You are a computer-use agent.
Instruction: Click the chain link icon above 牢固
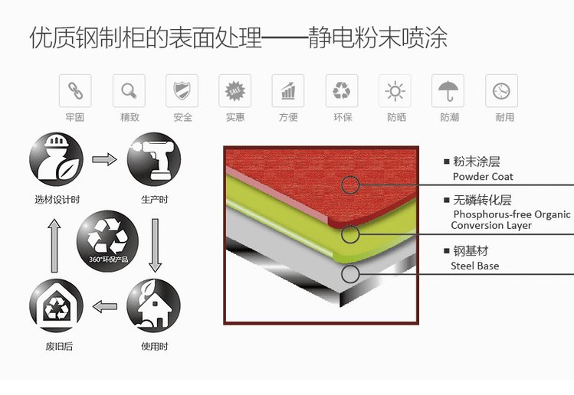(x=75, y=90)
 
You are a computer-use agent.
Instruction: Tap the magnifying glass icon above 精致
(x=129, y=90)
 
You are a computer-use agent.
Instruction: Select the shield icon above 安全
(x=182, y=90)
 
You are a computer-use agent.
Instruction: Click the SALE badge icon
(x=235, y=90)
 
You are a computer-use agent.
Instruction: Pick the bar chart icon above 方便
(x=288, y=90)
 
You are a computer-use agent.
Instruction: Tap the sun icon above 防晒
(x=395, y=90)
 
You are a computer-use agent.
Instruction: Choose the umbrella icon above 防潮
(x=448, y=90)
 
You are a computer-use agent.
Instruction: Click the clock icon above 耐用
(x=501, y=91)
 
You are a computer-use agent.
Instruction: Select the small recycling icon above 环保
(x=342, y=90)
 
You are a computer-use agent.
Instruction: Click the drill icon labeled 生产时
(x=154, y=159)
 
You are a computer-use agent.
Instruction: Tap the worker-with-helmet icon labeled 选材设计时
(x=57, y=159)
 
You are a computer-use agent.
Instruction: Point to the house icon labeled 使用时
(x=154, y=305)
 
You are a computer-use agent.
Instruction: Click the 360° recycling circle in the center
(x=107, y=241)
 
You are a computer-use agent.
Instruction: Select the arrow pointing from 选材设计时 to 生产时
(x=105, y=159)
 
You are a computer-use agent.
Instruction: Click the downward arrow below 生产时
(x=156, y=246)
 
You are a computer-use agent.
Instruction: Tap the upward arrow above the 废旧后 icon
(x=54, y=246)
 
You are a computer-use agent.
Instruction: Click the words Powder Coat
(x=483, y=177)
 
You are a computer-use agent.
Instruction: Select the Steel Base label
(x=475, y=266)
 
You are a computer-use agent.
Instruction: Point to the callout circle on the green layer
(x=350, y=234)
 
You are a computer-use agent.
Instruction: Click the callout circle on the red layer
(x=350, y=185)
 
